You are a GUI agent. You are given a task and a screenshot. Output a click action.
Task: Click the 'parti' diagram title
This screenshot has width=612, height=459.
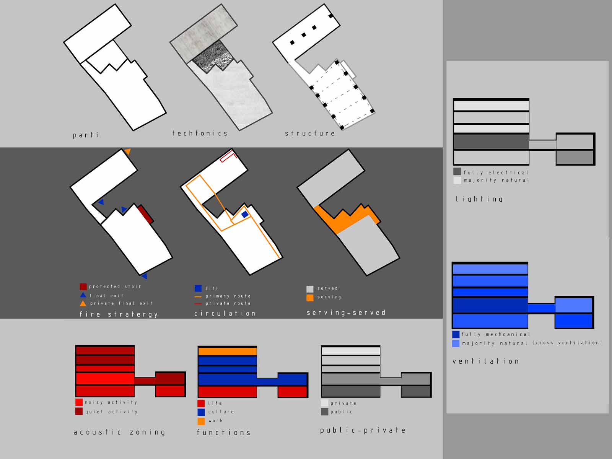tap(86, 135)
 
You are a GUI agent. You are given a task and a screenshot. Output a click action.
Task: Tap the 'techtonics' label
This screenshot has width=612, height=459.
tap(200, 133)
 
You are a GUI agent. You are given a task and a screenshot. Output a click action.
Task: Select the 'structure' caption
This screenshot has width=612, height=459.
tap(310, 133)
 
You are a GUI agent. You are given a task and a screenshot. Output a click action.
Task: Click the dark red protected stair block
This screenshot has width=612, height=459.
tap(145, 214)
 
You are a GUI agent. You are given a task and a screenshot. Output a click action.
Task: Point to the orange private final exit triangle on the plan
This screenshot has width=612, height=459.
tap(127, 151)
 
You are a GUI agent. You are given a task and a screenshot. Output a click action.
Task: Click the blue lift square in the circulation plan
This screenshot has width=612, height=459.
tap(245, 214)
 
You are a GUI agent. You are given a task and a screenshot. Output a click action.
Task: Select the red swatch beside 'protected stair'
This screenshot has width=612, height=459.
tap(83, 286)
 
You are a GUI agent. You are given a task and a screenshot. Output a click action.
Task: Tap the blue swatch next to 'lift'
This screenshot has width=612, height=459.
tap(198, 288)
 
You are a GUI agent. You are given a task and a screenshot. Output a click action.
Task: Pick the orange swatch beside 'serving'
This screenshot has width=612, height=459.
tap(310, 298)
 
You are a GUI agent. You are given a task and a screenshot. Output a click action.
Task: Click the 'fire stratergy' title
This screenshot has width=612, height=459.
tap(119, 314)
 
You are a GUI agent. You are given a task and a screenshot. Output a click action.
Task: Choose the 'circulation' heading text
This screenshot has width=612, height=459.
tap(225, 314)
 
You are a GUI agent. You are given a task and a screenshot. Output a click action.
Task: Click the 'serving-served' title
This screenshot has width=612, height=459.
tap(346, 313)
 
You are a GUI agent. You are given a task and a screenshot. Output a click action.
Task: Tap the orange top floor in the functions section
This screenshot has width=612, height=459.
tap(228, 351)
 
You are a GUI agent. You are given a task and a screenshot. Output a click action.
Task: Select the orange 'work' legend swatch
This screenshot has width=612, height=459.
tap(201, 422)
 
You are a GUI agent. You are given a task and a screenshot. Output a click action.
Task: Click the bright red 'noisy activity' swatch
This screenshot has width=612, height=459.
tap(79, 402)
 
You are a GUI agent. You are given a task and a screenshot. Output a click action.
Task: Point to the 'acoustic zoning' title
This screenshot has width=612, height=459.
tap(119, 432)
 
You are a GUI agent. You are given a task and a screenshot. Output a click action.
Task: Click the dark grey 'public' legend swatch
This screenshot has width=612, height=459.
tap(324, 412)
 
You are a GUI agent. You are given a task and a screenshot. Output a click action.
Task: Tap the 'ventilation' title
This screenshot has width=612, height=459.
tap(485, 361)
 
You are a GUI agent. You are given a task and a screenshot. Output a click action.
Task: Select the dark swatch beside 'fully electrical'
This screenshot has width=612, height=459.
tap(457, 171)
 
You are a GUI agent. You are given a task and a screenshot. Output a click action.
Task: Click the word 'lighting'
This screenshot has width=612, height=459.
tap(479, 199)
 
